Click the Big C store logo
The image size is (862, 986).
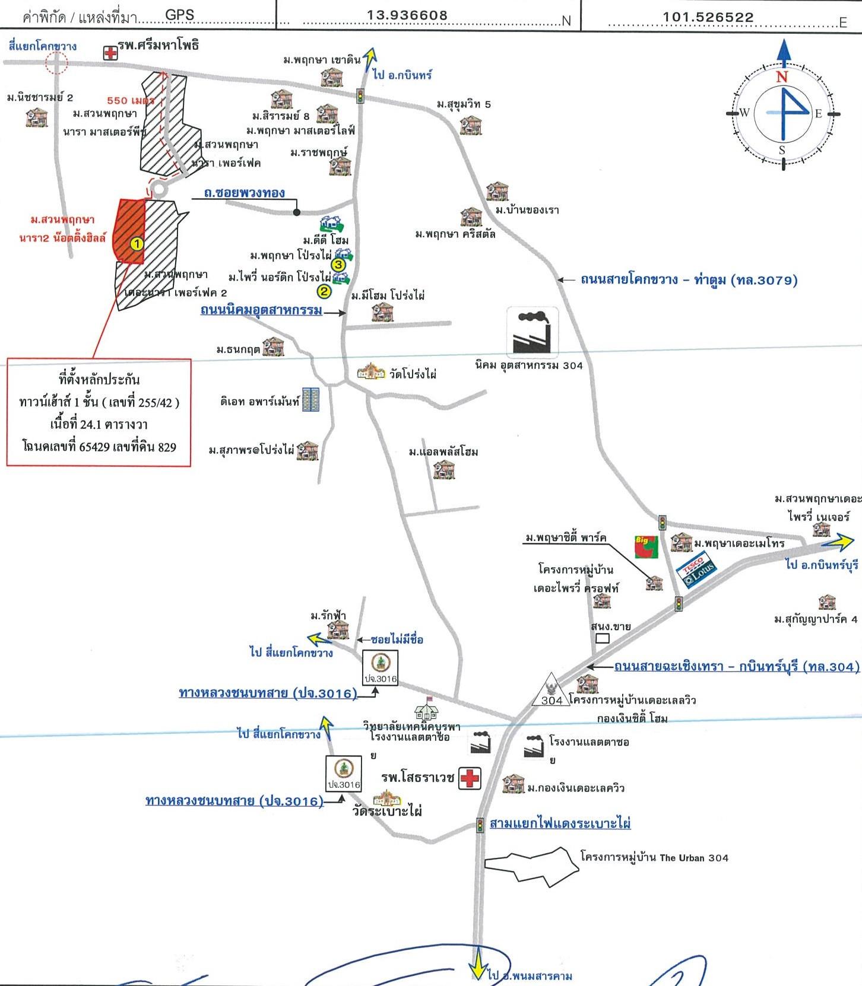tap(646, 547)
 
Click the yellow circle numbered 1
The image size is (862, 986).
tap(137, 244)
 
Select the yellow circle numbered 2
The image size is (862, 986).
tap(324, 291)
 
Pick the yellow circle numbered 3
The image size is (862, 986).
tap(338, 265)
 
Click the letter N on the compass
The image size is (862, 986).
tap(782, 77)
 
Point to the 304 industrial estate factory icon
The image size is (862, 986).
tap(533, 331)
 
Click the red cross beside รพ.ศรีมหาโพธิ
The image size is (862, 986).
tap(110, 53)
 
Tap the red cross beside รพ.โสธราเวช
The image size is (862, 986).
tap(470, 778)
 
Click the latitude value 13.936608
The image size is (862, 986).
tap(407, 15)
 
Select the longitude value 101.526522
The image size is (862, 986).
tap(708, 17)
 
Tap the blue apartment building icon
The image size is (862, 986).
tap(310, 400)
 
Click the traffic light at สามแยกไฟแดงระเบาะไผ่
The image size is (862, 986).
tap(480, 825)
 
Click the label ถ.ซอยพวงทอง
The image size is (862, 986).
tap(244, 193)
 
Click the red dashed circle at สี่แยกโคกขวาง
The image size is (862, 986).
tap(57, 62)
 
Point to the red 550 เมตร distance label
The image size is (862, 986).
tap(131, 100)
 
